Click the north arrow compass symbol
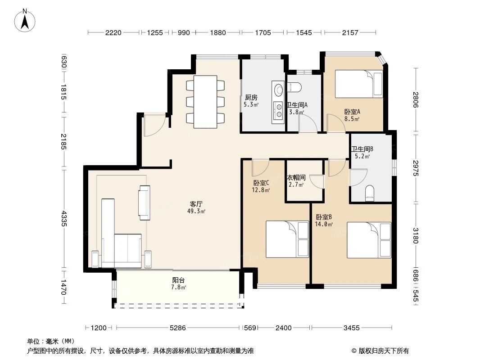click(x=25, y=21)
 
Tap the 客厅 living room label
click(x=196, y=204)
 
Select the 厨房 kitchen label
click(x=251, y=98)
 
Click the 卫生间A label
click(x=297, y=105)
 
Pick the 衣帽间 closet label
click(x=296, y=177)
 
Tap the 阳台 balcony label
click(x=178, y=280)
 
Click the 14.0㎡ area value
click(x=324, y=224)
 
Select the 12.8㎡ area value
click(x=261, y=190)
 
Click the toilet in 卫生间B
click(x=370, y=193)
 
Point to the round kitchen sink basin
click(x=279, y=90)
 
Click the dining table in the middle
click(x=205, y=102)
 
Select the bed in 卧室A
click(x=359, y=84)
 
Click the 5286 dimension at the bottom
click(x=178, y=328)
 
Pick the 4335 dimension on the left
click(x=63, y=218)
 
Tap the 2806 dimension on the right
click(x=415, y=100)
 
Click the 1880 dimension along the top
click(x=218, y=32)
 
